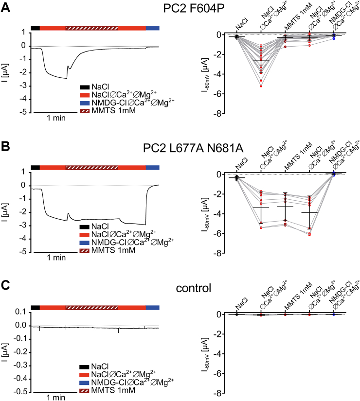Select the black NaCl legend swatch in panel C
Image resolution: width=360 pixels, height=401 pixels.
pos(85,366)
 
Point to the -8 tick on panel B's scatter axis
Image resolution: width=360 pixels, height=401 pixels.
pos(219,254)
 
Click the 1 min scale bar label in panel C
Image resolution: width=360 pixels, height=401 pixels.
pos(49,397)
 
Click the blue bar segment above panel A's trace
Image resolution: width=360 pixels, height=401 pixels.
pos(152,28)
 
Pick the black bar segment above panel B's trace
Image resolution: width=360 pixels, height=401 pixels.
pos(35,167)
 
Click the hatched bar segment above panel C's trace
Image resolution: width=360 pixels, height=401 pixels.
pos(92,307)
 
